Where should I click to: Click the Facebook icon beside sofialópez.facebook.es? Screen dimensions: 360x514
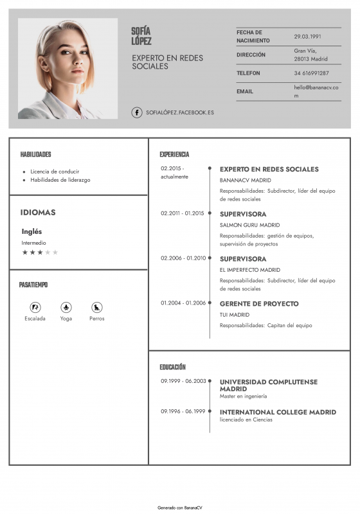click(x=137, y=112)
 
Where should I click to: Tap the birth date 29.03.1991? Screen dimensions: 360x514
click(x=307, y=37)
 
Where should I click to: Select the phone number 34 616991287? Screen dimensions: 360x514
click(x=311, y=73)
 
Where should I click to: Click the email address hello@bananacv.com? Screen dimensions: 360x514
click(x=316, y=91)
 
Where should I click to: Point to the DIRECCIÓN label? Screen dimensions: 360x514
click(x=251, y=55)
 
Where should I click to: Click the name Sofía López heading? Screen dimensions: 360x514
click(x=141, y=36)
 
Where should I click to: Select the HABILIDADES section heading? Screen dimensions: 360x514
click(x=36, y=155)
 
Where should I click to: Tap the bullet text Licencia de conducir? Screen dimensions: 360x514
click(x=55, y=172)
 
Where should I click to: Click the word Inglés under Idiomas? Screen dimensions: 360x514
click(x=32, y=231)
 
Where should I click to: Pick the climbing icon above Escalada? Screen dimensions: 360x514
click(x=35, y=307)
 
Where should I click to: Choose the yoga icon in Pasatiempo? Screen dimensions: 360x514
click(x=66, y=307)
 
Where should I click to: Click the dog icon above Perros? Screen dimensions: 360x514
click(x=97, y=307)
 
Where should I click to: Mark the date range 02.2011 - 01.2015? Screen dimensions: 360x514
click(x=182, y=213)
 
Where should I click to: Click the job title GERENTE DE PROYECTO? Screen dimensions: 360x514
click(x=259, y=303)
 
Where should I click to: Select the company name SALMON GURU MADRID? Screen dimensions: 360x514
click(x=249, y=225)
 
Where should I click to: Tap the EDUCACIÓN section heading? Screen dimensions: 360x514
click(x=172, y=367)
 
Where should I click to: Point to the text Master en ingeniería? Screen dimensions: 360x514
click(x=243, y=396)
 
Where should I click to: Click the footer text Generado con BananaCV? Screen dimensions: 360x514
click(x=180, y=507)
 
